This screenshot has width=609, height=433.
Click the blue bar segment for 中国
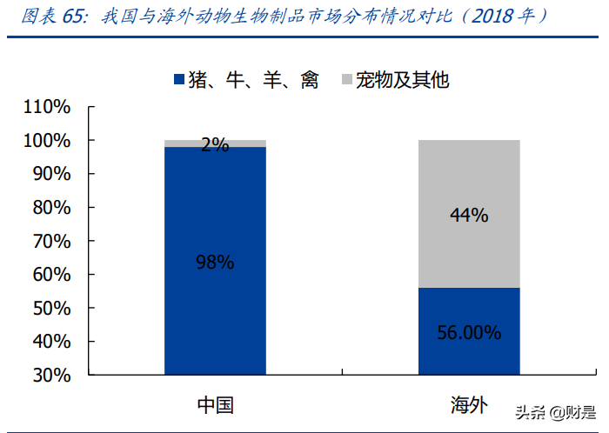tap(215, 313)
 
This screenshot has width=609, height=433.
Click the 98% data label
tap(215, 262)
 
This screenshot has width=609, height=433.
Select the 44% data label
tap(469, 215)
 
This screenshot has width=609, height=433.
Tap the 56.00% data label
tap(469, 332)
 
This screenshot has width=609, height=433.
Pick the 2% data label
tap(215, 145)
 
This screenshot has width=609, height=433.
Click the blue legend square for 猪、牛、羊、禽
tap(180, 81)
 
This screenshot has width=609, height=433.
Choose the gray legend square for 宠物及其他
tap(347, 81)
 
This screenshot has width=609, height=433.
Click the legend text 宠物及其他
tap(402, 81)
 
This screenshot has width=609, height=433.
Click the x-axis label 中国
tap(215, 405)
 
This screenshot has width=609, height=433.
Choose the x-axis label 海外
tap(469, 405)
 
